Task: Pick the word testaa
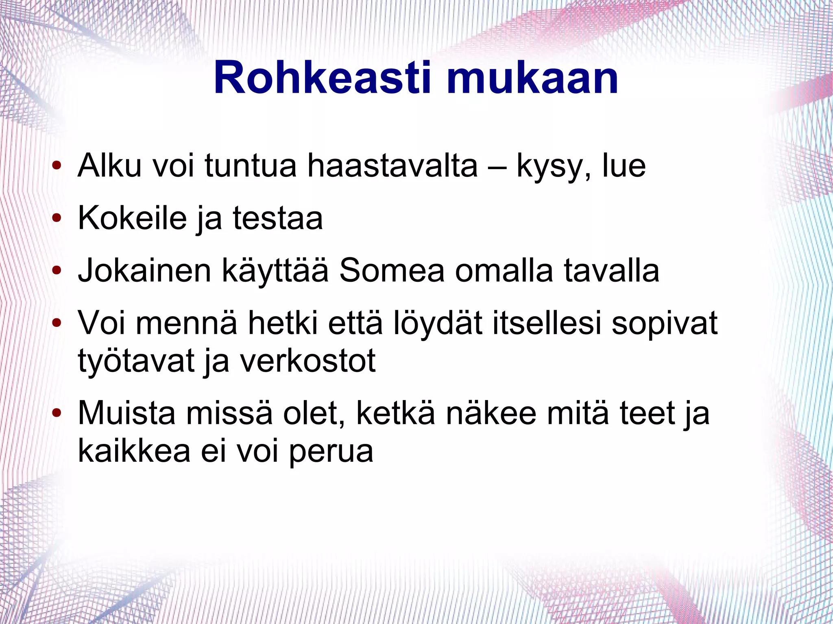click(278, 218)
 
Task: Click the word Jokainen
click(144, 271)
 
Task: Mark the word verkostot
click(308, 361)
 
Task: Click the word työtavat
click(136, 361)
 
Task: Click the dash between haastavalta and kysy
click(497, 167)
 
